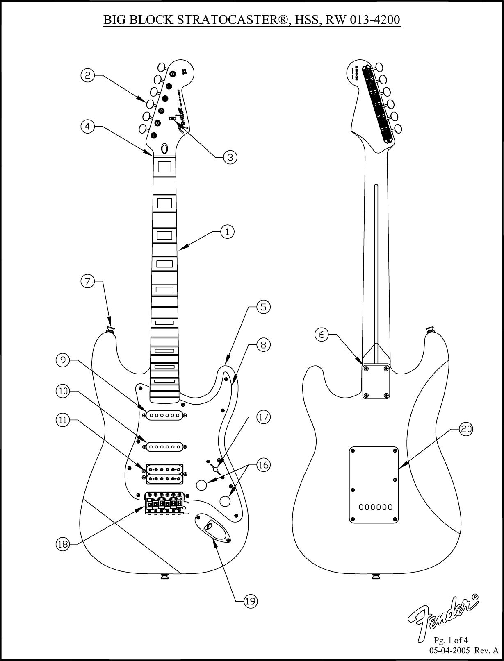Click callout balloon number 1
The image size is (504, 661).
pos(227,232)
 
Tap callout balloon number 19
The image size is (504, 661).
pos(251,601)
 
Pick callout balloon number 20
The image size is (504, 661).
pos(466,429)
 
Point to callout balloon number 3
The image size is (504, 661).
pos(230,157)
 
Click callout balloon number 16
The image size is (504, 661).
pos(263,465)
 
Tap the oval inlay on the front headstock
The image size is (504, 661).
pos(165,148)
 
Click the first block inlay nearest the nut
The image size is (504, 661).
pos(164,167)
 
